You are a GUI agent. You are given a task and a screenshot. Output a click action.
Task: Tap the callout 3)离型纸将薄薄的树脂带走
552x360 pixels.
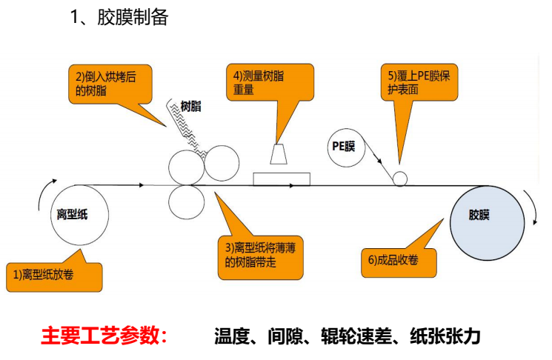click(x=264, y=254)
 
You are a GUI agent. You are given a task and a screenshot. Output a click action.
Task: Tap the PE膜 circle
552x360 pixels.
click(x=344, y=146)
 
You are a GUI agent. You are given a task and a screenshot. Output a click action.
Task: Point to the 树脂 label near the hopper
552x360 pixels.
click(x=190, y=107)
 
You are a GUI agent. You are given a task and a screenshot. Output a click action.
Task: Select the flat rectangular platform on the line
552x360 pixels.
click(x=282, y=179)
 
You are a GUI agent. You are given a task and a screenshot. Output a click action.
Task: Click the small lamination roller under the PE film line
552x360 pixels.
click(x=400, y=179)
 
